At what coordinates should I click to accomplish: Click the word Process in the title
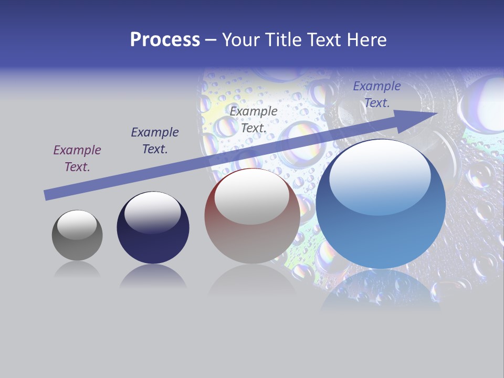click(165, 39)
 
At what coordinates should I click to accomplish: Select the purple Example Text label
click(77, 159)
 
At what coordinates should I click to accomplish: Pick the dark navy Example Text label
click(155, 141)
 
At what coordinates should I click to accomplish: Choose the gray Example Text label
click(254, 119)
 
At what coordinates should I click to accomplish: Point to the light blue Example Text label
click(377, 94)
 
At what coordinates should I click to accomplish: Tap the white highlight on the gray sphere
click(77, 225)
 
